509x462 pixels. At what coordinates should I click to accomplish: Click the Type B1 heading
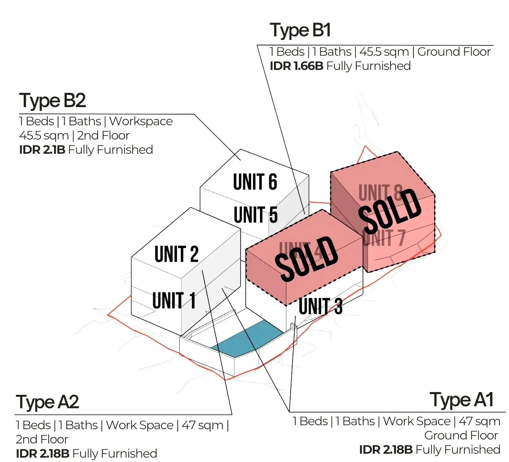pos(300,30)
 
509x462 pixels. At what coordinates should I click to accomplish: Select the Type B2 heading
pos(53,101)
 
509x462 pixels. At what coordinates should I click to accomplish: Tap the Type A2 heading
pos(47,402)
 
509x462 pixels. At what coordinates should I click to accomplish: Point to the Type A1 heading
pos(462,400)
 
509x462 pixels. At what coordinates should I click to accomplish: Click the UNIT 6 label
pos(255,182)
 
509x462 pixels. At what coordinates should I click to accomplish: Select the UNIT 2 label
pos(176,254)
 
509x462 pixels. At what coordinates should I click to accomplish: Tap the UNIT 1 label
pos(174,301)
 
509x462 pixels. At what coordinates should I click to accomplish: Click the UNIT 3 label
pos(320,306)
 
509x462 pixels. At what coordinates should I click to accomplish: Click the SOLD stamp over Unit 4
pos(306,259)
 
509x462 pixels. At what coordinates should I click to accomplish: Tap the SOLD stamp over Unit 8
pos(390,211)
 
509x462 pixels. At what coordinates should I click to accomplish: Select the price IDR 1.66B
pos(296,66)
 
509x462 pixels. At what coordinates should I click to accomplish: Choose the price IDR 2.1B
pos(42,150)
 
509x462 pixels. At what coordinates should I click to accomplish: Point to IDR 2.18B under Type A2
pos(42,453)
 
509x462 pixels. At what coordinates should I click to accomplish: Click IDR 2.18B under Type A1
pos(385,450)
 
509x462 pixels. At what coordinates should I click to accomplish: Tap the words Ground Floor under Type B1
pos(454,52)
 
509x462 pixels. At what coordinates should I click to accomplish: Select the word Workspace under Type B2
pos(141,121)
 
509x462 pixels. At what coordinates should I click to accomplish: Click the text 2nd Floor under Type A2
pos(42,439)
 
